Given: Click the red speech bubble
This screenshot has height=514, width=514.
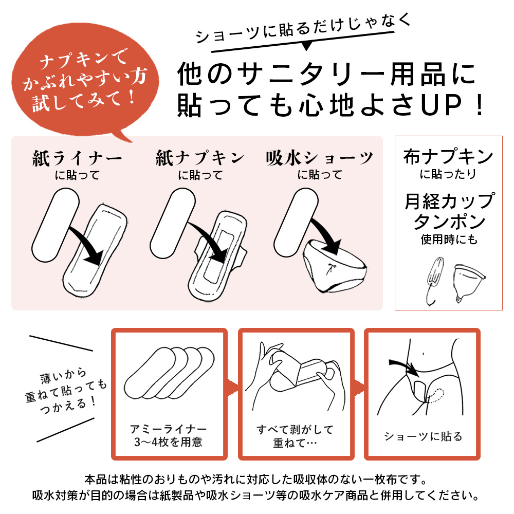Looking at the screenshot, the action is [x=85, y=80].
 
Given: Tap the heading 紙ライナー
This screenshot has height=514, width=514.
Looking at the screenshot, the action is [x=78, y=159].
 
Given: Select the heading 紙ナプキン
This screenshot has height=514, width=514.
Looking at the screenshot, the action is [x=200, y=158].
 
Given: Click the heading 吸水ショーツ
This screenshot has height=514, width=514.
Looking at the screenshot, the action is [x=320, y=158].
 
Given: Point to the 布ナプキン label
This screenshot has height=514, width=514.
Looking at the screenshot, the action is [x=448, y=157].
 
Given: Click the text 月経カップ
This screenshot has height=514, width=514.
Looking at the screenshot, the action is [x=449, y=201].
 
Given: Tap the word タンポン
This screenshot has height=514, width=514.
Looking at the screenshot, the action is [x=449, y=222].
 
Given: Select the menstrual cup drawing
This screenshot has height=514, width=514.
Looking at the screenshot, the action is [x=468, y=283].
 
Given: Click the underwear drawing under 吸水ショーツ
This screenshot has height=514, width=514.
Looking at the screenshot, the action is [x=335, y=267].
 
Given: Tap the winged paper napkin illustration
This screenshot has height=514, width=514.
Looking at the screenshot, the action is [x=218, y=255].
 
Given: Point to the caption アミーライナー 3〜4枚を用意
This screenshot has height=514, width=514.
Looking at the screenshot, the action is [x=168, y=435].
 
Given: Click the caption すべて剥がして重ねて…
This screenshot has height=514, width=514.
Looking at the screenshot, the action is [x=295, y=436].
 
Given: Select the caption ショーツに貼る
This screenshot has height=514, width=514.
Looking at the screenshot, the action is [x=423, y=436].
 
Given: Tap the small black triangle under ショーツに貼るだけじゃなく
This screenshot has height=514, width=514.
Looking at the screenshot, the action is [x=306, y=46].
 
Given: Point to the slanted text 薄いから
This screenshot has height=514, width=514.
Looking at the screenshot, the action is [x=63, y=376].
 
